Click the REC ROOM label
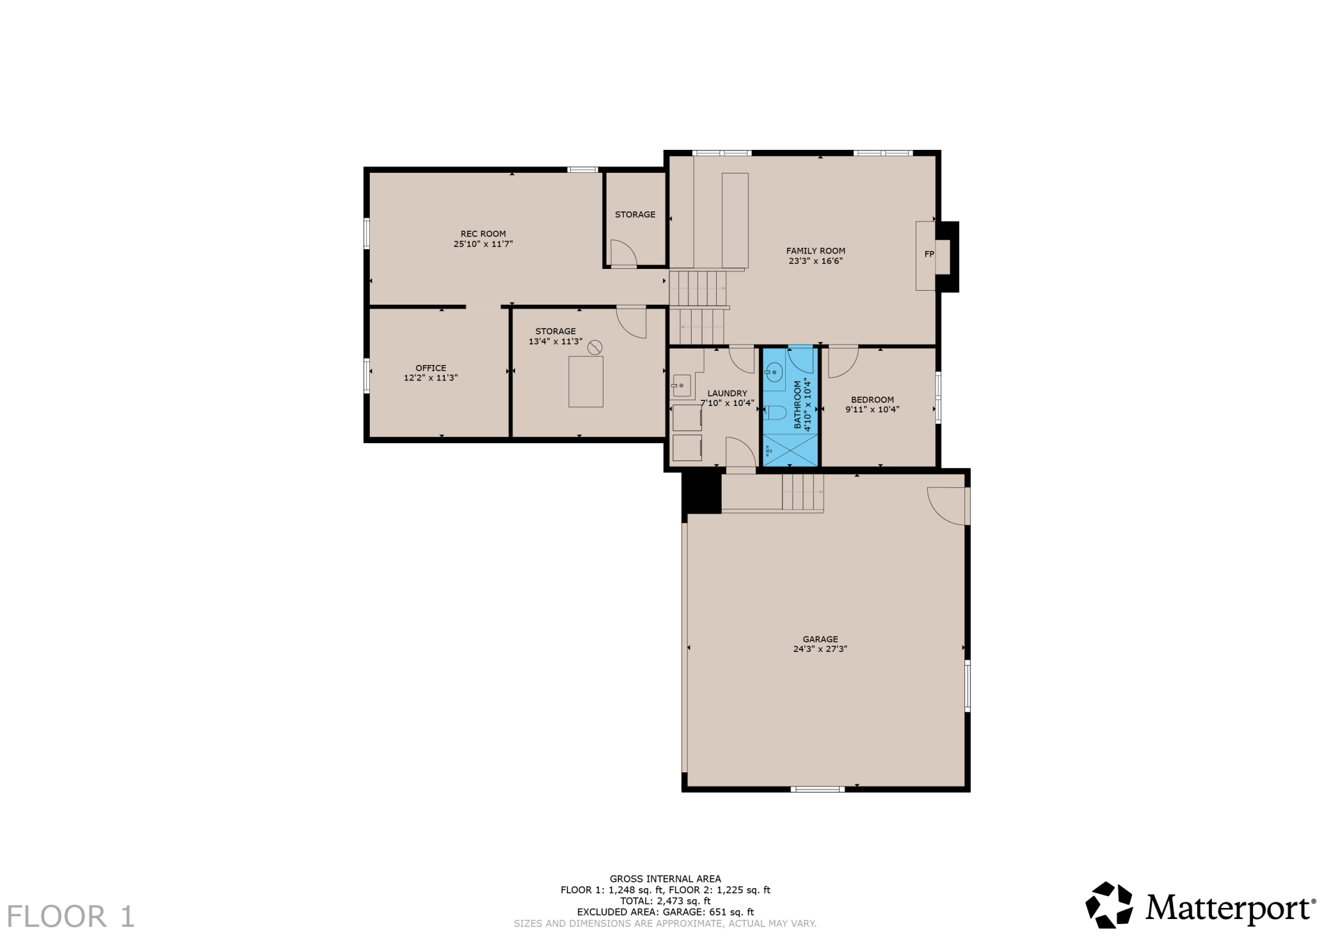pyautogui.click(x=483, y=234)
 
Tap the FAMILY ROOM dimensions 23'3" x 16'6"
pyautogui.click(x=815, y=261)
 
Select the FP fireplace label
pyautogui.click(x=929, y=254)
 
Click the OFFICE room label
pyautogui.click(x=431, y=368)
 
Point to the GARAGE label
pyautogui.click(x=820, y=639)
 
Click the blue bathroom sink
pyautogui.click(x=774, y=372)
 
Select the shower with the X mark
pyautogui.click(x=790, y=450)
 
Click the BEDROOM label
pyautogui.click(x=872, y=400)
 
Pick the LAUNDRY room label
pyautogui.click(x=728, y=393)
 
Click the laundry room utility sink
pyautogui.click(x=681, y=386)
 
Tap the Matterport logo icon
pyautogui.click(x=1109, y=905)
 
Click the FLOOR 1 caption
pyautogui.click(x=71, y=916)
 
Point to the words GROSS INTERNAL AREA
pyautogui.click(x=665, y=879)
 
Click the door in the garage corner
pyautogui.click(x=948, y=506)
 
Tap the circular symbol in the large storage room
pyautogui.click(x=595, y=347)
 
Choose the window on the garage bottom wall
pyautogui.click(x=818, y=789)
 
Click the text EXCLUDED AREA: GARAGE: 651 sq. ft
pyautogui.click(x=665, y=912)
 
